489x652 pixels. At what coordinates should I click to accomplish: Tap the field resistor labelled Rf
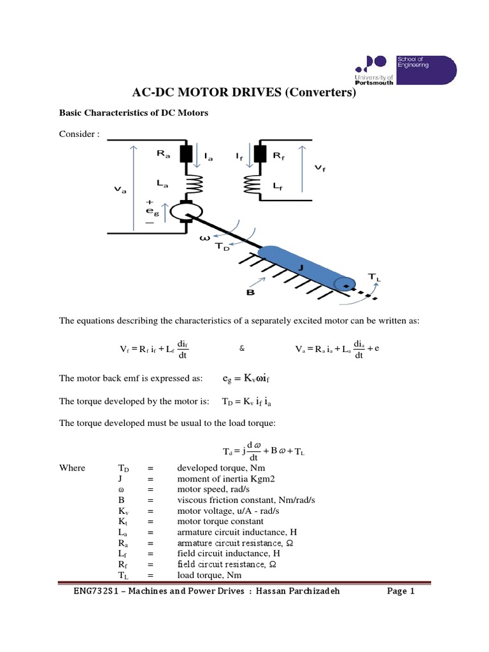(259, 154)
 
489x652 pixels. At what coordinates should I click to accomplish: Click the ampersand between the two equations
(241, 349)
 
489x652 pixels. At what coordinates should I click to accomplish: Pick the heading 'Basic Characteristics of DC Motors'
(134, 113)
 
